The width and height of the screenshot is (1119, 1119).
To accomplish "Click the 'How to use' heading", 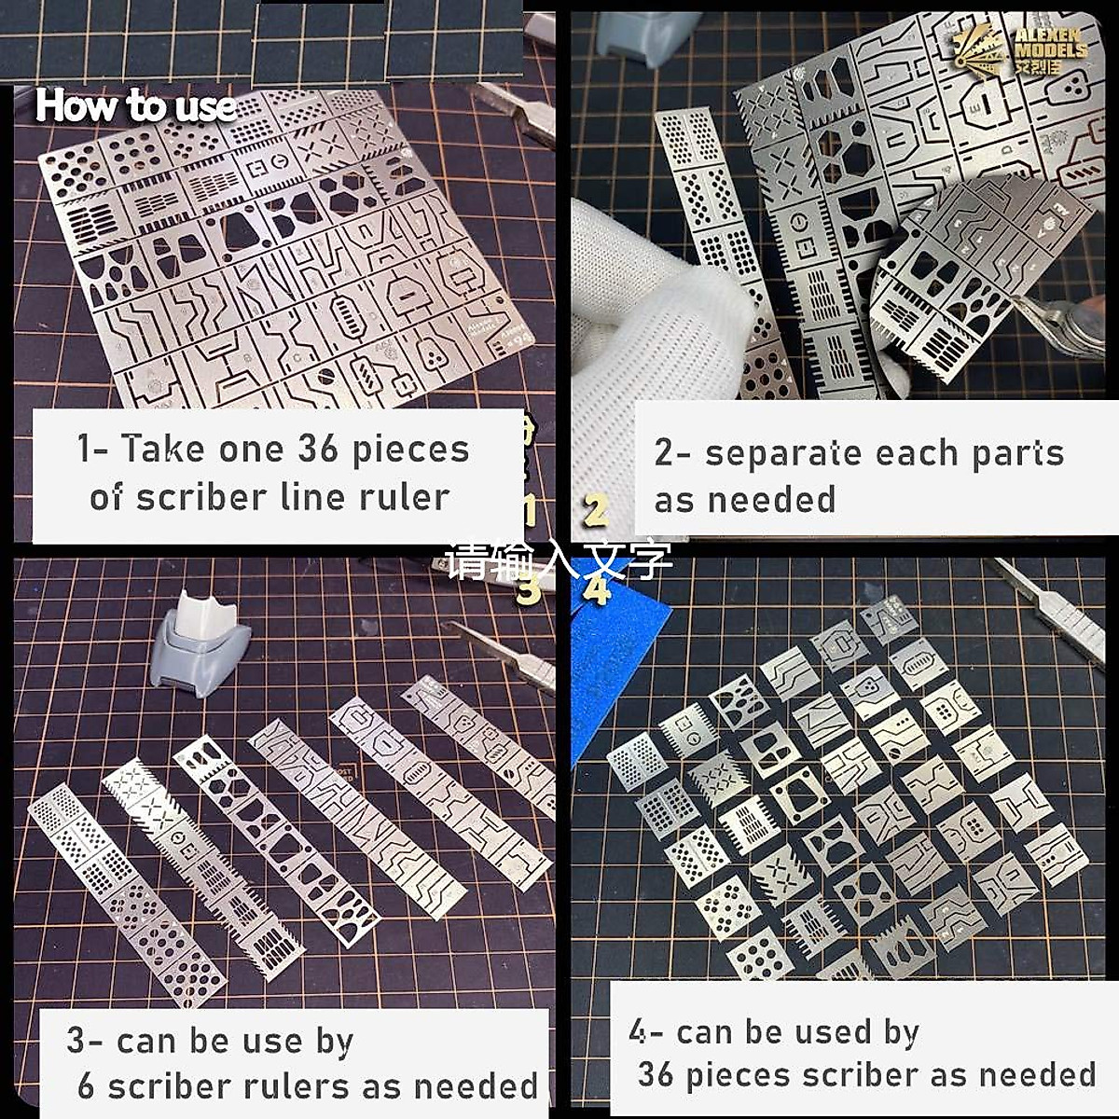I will click(x=135, y=106).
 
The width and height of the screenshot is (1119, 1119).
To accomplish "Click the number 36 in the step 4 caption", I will click(x=655, y=1074).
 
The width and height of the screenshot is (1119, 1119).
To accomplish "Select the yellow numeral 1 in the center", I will click(x=529, y=511).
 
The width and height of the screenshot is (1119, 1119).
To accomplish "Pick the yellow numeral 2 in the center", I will click(x=596, y=510).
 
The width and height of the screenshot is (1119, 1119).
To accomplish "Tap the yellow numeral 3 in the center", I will click(x=529, y=589).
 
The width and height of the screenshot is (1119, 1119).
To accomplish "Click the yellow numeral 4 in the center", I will click(x=597, y=589).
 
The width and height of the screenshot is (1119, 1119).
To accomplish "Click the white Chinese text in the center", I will click(x=558, y=560).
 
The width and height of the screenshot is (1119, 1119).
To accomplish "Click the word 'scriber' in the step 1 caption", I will click(x=189, y=497).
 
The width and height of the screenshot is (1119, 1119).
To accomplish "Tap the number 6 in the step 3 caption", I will click(x=86, y=1086).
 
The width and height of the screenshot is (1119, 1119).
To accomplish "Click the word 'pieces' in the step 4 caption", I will click(x=738, y=1074).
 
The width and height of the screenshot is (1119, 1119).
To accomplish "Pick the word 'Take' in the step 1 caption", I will click(x=162, y=449).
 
